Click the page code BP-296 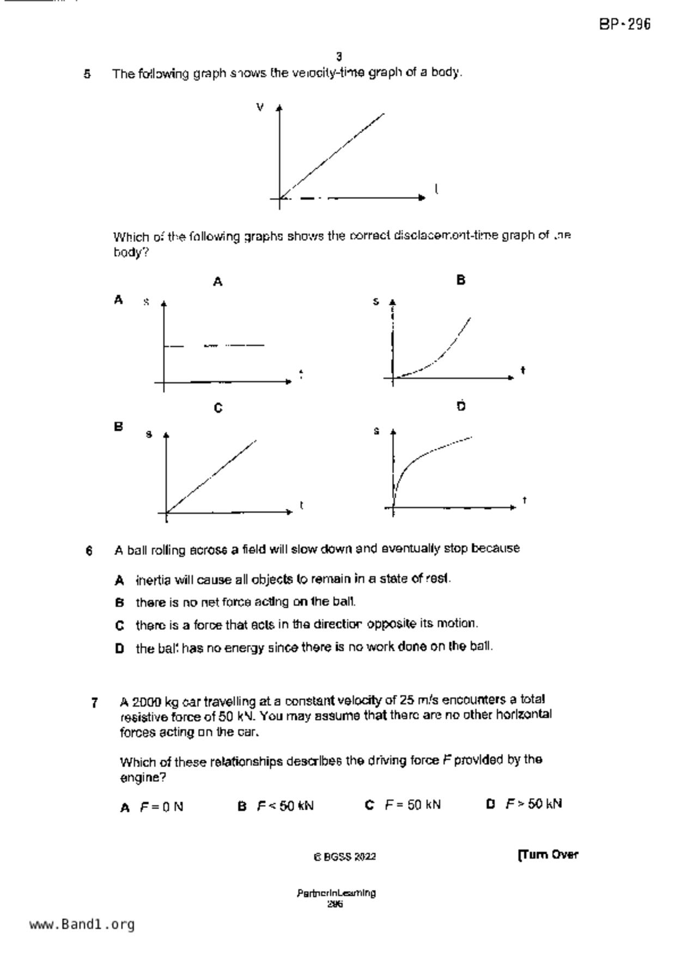pos(625,25)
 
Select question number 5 pos(87,74)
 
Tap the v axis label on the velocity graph pos(260,107)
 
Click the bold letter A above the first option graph pos(218,281)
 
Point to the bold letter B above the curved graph pos(461,280)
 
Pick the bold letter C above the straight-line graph pos(218,408)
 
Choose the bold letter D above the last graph pos(461,406)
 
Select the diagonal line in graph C pos(212,475)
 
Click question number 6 pos(89,550)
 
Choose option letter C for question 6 pos(120,626)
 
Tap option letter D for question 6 pos(120,648)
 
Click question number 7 pos(95,703)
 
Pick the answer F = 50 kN pos(412,805)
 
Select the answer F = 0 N pos(161,807)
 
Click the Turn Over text pos(548,855)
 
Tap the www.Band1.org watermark pos(82,925)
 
